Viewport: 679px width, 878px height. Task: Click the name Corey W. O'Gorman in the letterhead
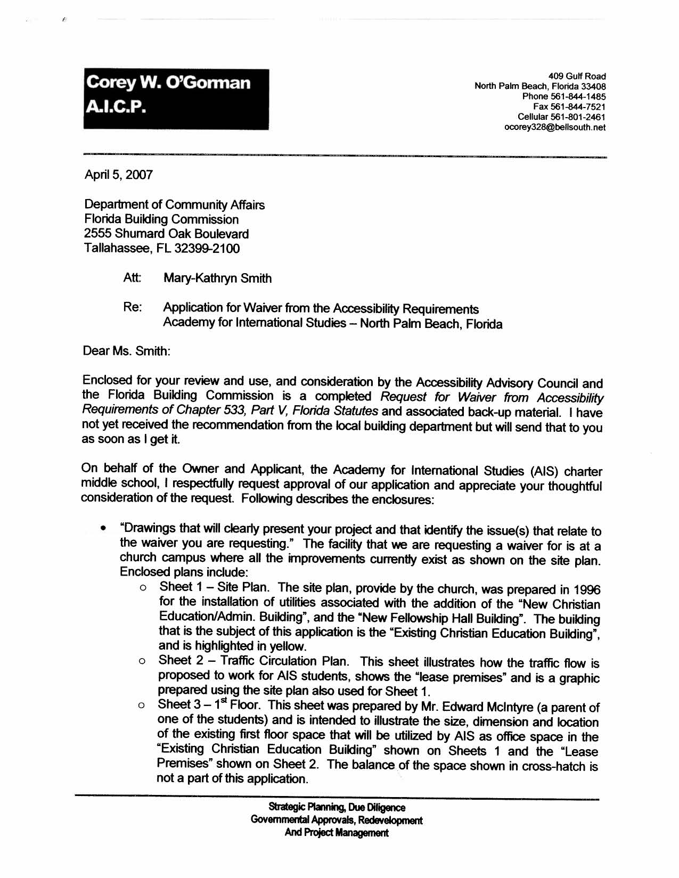[168, 83]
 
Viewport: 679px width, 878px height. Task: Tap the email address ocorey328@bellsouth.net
[554, 127]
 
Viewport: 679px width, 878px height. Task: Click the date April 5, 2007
[118, 175]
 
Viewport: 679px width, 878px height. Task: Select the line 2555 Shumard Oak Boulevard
[166, 234]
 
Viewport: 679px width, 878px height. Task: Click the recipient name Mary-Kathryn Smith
[217, 278]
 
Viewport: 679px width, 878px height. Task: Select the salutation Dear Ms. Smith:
[126, 351]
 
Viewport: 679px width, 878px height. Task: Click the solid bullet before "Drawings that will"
[103, 529]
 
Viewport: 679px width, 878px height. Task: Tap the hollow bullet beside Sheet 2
[142, 662]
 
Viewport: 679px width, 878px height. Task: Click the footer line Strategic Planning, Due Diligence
[337, 808]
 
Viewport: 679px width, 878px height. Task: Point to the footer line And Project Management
[336, 833]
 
